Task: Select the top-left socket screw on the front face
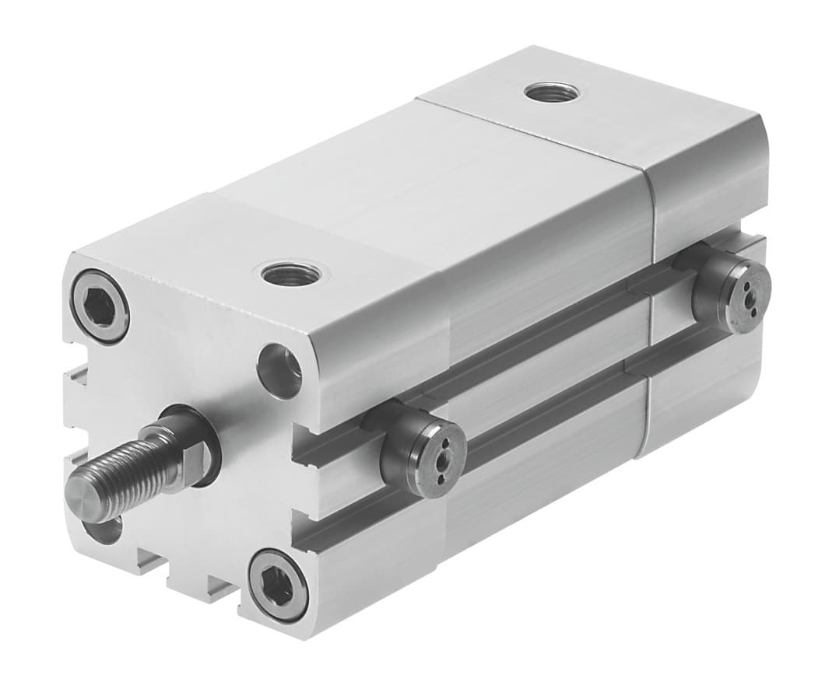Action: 99,306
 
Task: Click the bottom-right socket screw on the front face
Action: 278,584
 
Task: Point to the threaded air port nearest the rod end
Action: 290,273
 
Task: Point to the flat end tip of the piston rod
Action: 82,497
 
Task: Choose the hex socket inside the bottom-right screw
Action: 278,585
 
